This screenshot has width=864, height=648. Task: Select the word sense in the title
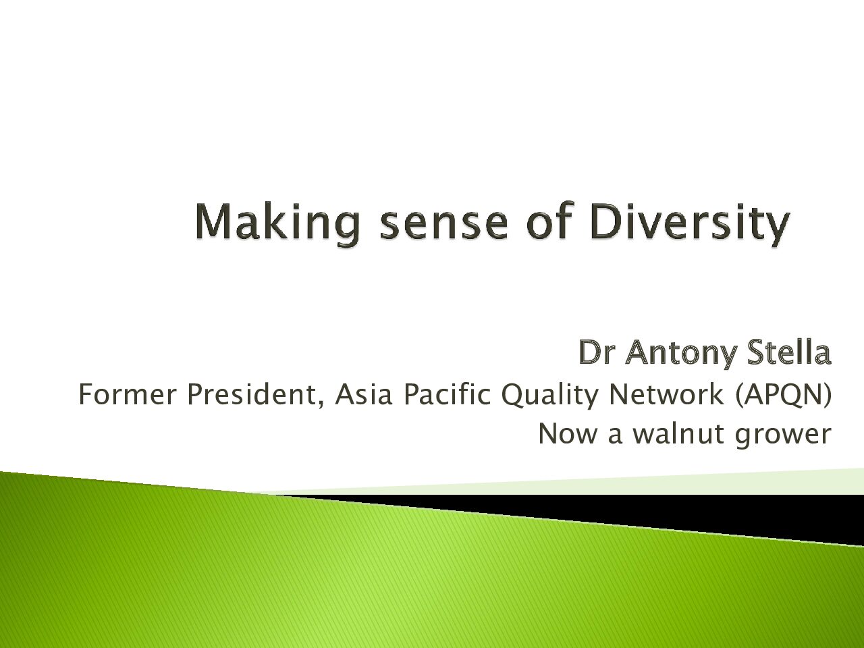pos(443,226)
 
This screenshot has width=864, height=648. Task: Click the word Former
pos(127,395)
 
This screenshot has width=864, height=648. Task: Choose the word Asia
pos(363,395)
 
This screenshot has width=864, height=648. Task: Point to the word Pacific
pos(448,395)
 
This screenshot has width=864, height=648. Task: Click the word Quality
pos(549,397)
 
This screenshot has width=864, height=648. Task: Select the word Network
pos(666,395)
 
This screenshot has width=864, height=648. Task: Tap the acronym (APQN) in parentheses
pos(783,396)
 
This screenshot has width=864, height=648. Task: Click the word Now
pos(567,433)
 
